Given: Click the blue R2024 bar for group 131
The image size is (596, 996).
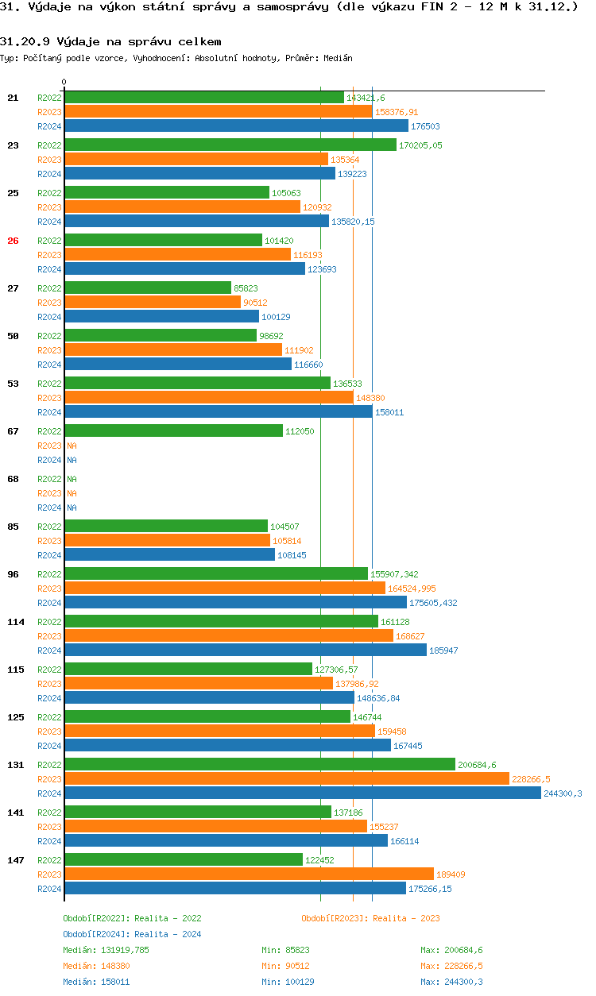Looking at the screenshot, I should pos(302,793).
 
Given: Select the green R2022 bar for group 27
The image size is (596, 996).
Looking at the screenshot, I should pos(148,288).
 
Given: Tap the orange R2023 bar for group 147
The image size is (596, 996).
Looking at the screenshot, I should pos(249,874).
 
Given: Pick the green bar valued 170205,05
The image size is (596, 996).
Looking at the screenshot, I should pos(230,145).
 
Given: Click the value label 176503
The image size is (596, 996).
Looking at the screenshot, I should pos(425,126).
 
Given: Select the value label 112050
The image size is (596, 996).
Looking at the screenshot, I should pos(300,431).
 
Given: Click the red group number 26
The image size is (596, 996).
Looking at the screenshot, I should pos(13,241).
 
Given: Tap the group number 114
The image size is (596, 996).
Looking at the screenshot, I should pos(15,622).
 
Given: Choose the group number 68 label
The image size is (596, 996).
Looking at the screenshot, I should pos(13,479).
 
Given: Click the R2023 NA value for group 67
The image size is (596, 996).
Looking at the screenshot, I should pos(72,446).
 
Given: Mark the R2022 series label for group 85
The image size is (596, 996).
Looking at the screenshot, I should pos(49,527).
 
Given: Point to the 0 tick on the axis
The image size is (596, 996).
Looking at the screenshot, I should pos(64,82).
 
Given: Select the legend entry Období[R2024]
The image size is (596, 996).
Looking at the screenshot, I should pos(96,934).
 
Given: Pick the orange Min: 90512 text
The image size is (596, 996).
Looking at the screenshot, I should pos(285,966).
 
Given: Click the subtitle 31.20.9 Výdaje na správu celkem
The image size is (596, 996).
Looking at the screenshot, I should pos(110,41).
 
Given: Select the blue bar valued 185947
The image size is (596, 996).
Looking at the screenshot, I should pos(246,650).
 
